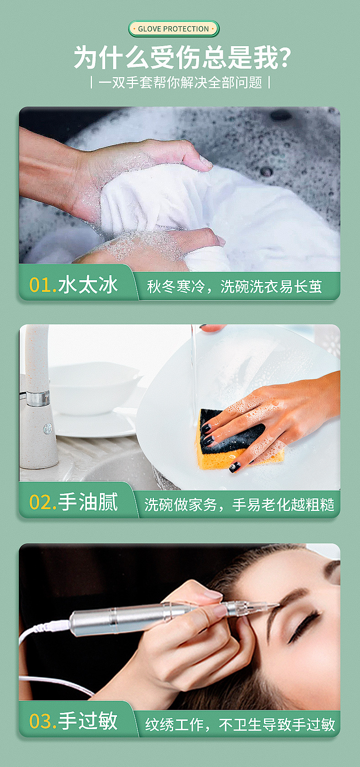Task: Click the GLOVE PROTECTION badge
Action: (x=174, y=29)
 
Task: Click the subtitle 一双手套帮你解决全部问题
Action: (x=180, y=82)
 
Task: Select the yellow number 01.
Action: (x=42, y=286)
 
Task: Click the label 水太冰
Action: (x=88, y=285)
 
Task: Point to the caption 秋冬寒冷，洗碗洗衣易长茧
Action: (x=234, y=286)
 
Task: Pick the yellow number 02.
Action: (x=42, y=503)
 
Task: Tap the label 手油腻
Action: (x=88, y=502)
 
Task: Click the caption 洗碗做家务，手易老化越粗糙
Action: (x=239, y=505)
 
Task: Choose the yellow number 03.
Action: (x=42, y=721)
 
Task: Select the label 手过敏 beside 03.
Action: (x=88, y=721)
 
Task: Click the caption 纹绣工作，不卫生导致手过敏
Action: (x=240, y=724)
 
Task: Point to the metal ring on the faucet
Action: (x=37, y=398)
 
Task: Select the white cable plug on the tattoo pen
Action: (x=57, y=626)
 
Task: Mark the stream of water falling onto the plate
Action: (x=194, y=369)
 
